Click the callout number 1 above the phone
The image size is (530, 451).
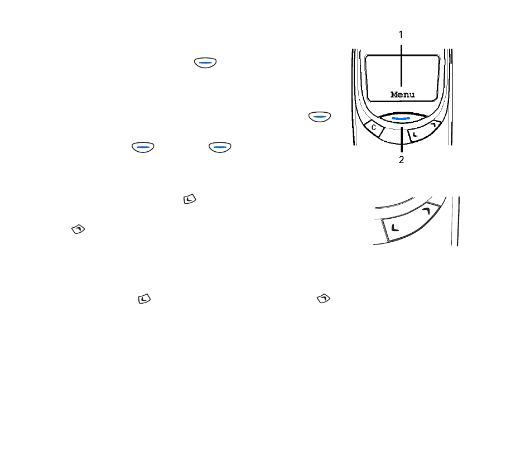click(401, 35)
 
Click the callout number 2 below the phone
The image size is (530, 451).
click(401, 160)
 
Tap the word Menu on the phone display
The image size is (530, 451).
click(403, 95)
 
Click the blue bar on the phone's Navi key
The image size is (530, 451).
click(401, 119)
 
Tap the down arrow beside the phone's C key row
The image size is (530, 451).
click(416, 135)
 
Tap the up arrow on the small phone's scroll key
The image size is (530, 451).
click(433, 125)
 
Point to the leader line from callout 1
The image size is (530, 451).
click(401, 66)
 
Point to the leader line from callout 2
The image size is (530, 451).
click(402, 140)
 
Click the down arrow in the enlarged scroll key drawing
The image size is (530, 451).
click(395, 228)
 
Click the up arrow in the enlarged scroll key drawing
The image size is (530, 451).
click(426, 211)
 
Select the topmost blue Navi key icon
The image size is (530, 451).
click(205, 63)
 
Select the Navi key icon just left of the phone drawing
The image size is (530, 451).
click(320, 117)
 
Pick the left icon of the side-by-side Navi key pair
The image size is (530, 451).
click(143, 147)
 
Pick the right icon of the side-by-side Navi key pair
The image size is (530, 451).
click(220, 147)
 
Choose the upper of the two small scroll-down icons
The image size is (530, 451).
click(190, 199)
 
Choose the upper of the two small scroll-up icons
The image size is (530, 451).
click(78, 229)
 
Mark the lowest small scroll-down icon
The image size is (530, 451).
click(144, 299)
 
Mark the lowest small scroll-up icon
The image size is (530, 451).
click(324, 299)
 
